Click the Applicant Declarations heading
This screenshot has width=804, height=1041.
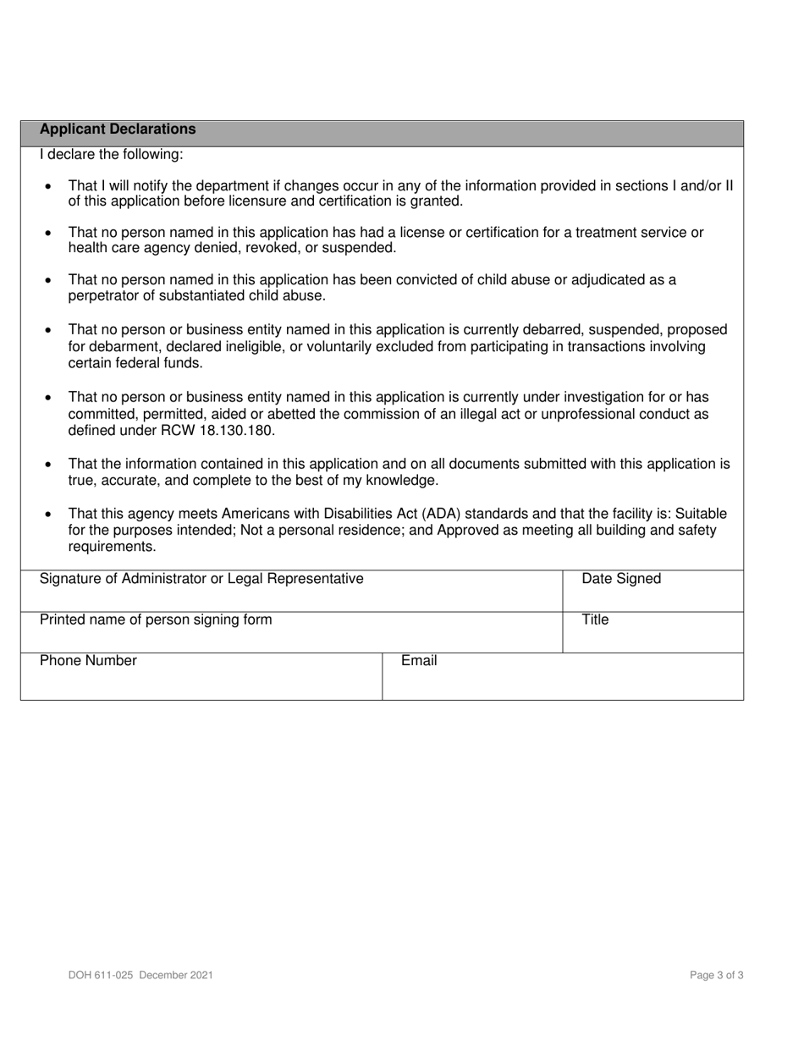(x=118, y=129)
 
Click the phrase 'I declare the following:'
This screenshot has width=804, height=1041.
(x=111, y=155)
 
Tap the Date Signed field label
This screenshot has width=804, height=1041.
(x=621, y=579)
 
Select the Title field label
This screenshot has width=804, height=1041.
(x=595, y=620)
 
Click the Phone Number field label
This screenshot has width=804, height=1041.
(x=88, y=661)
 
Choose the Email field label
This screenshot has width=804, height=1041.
(x=419, y=661)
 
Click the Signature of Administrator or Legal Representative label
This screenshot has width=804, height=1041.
(x=201, y=579)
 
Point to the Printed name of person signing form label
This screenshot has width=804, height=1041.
(x=156, y=620)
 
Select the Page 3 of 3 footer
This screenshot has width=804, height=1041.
(x=717, y=975)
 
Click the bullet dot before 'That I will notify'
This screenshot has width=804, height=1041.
(x=48, y=186)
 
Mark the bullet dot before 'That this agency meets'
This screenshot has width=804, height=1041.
(x=48, y=515)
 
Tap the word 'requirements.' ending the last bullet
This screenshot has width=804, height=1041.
(x=112, y=547)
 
